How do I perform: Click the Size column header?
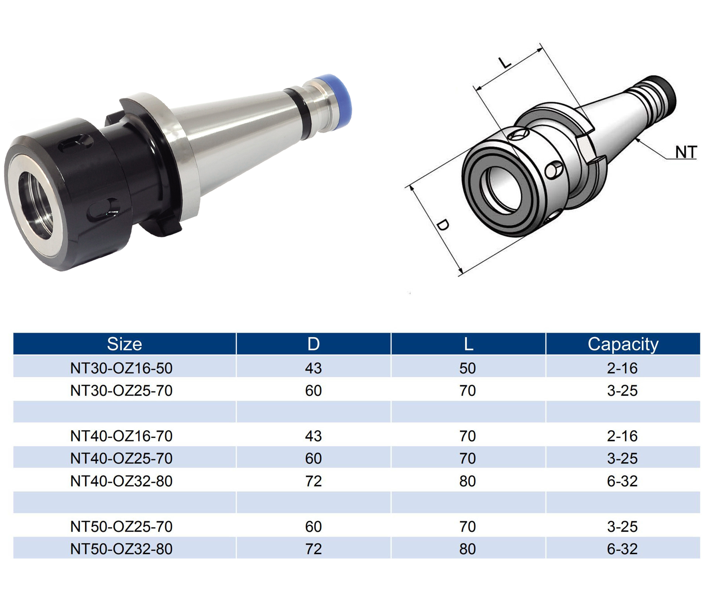pos(124,344)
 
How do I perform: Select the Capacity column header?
pos(623,344)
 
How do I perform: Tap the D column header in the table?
pos(313,344)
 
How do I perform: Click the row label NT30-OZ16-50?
pos(121,368)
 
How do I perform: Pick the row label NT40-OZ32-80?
pos(121,481)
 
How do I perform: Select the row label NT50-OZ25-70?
pos(121,527)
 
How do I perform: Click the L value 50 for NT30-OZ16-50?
pos(467,368)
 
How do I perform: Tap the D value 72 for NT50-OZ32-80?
pos(313,549)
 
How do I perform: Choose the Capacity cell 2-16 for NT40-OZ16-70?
pos(622,436)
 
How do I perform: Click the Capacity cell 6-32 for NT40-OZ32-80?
pos(622,481)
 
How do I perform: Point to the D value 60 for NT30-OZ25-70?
pos(313,391)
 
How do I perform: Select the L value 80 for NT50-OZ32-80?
pos(467,549)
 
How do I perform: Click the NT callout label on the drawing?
pos(686,152)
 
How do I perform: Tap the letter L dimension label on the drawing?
pos(505,63)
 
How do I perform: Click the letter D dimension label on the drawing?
pos(443,225)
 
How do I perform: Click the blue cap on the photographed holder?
pos(334,100)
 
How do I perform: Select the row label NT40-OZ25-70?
pos(121,458)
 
